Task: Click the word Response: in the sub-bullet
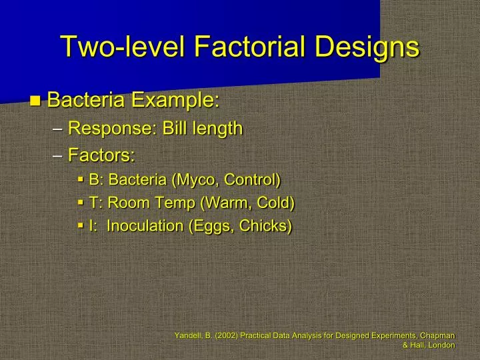[111, 128]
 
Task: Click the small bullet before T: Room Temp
[80, 203]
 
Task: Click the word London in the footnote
[441, 345]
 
